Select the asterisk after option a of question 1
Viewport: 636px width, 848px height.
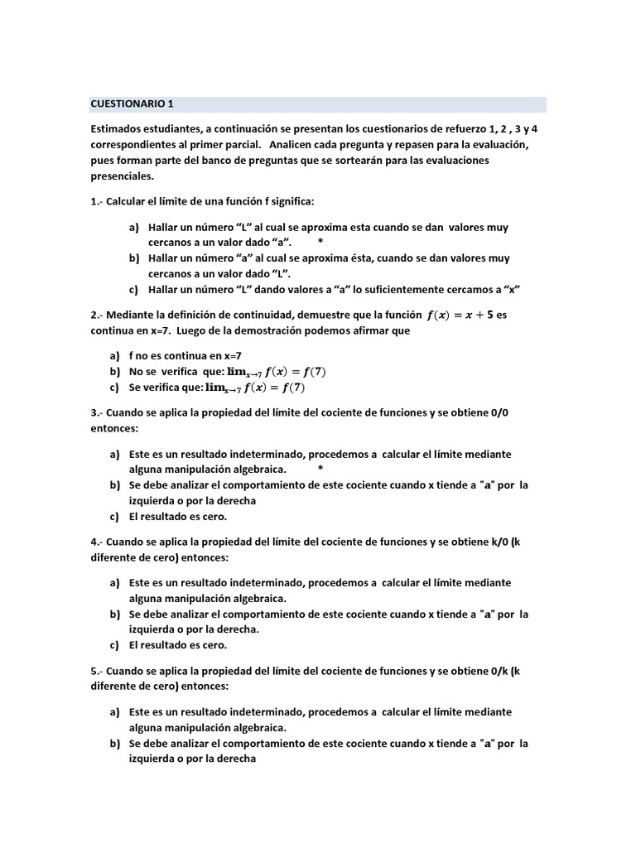320,241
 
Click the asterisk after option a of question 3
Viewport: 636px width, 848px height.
320,469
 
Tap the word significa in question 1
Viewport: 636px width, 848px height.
287,201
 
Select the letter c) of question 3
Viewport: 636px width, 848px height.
115,516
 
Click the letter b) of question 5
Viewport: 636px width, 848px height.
115,743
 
